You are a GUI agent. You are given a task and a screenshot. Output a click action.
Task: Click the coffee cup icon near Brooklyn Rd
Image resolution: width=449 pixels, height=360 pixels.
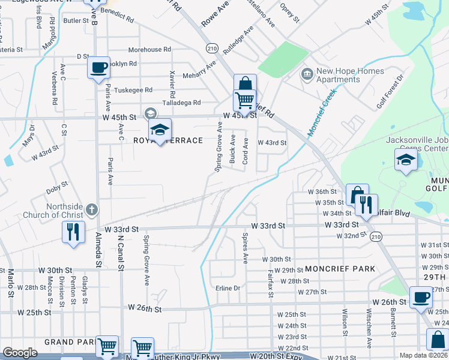98,68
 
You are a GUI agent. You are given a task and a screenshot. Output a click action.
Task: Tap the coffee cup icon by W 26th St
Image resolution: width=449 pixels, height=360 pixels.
421,297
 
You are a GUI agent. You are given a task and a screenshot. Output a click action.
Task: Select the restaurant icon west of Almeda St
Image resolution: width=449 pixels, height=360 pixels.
73,231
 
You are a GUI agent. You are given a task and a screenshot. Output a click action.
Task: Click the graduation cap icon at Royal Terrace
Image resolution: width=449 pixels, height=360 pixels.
160,130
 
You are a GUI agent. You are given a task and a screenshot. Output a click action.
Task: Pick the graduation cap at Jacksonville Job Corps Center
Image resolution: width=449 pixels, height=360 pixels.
406,160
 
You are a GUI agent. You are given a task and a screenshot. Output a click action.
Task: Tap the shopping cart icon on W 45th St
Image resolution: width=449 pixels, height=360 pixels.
244,99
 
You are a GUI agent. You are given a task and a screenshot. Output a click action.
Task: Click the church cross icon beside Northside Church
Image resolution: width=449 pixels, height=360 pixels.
91,209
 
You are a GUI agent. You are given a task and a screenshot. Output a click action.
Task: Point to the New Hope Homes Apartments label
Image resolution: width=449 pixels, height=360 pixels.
342,75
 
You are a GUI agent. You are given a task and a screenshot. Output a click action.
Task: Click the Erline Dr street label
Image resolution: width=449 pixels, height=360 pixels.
228,288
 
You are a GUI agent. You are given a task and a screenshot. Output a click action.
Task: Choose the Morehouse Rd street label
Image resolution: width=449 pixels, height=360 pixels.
149,50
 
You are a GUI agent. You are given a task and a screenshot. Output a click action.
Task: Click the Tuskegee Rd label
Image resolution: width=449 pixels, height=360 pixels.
133,90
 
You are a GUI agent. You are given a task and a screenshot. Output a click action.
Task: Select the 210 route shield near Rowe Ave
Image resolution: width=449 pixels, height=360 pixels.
211,47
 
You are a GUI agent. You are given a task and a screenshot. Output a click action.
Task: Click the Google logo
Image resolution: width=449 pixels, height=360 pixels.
20,353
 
